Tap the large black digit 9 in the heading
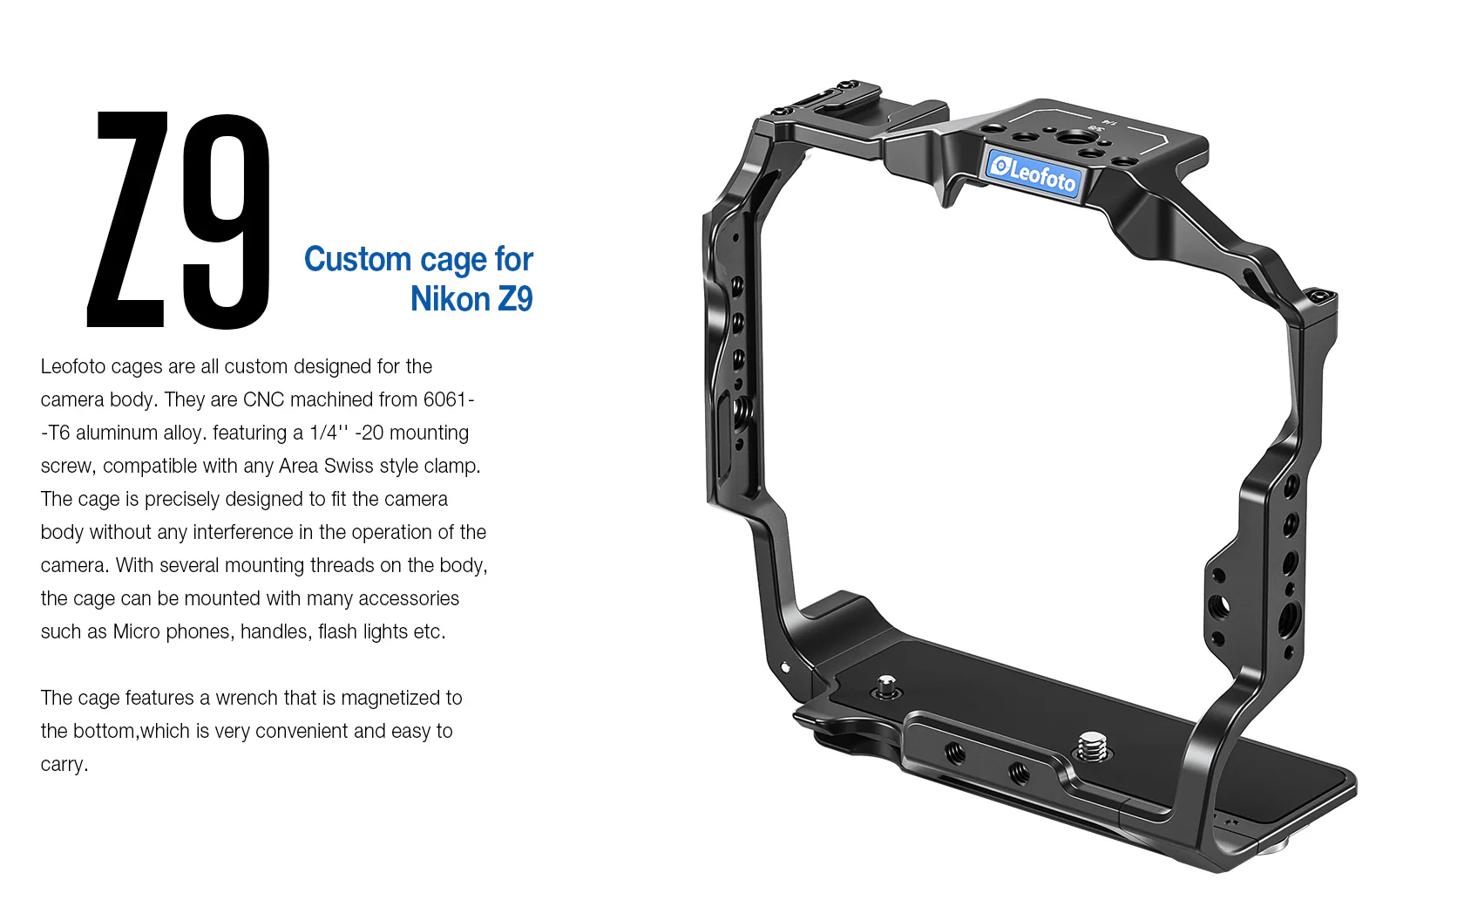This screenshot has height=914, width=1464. coord(227,222)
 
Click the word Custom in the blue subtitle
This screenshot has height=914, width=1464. coord(357,259)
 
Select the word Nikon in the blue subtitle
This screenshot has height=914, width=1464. coord(451,299)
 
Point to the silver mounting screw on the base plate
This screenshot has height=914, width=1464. coord(1093,747)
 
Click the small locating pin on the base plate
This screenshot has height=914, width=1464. coord(886,687)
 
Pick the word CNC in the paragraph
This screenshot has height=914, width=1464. coord(263,399)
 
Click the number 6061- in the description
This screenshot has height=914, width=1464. coord(449,399)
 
